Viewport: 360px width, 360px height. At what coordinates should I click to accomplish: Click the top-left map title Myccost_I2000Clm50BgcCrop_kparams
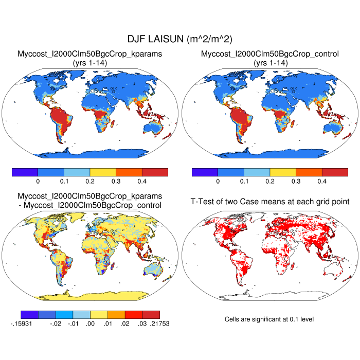90,53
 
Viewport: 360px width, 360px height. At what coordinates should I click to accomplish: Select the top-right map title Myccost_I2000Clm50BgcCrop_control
270,53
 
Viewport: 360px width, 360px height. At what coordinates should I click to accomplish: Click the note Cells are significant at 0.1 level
269,319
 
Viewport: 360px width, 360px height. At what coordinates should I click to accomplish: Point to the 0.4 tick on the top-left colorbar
141,182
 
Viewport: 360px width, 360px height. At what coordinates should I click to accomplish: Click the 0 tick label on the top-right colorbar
218,182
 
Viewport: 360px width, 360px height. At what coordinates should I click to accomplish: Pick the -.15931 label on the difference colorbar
21,323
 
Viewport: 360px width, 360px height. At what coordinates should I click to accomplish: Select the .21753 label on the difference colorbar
159,323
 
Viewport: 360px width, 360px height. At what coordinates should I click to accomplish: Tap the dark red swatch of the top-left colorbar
155,172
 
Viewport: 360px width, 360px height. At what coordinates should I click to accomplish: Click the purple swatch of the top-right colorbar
205,172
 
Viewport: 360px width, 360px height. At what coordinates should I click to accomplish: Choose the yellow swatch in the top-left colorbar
103,172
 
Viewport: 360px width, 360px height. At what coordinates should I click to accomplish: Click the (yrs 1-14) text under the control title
270,62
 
